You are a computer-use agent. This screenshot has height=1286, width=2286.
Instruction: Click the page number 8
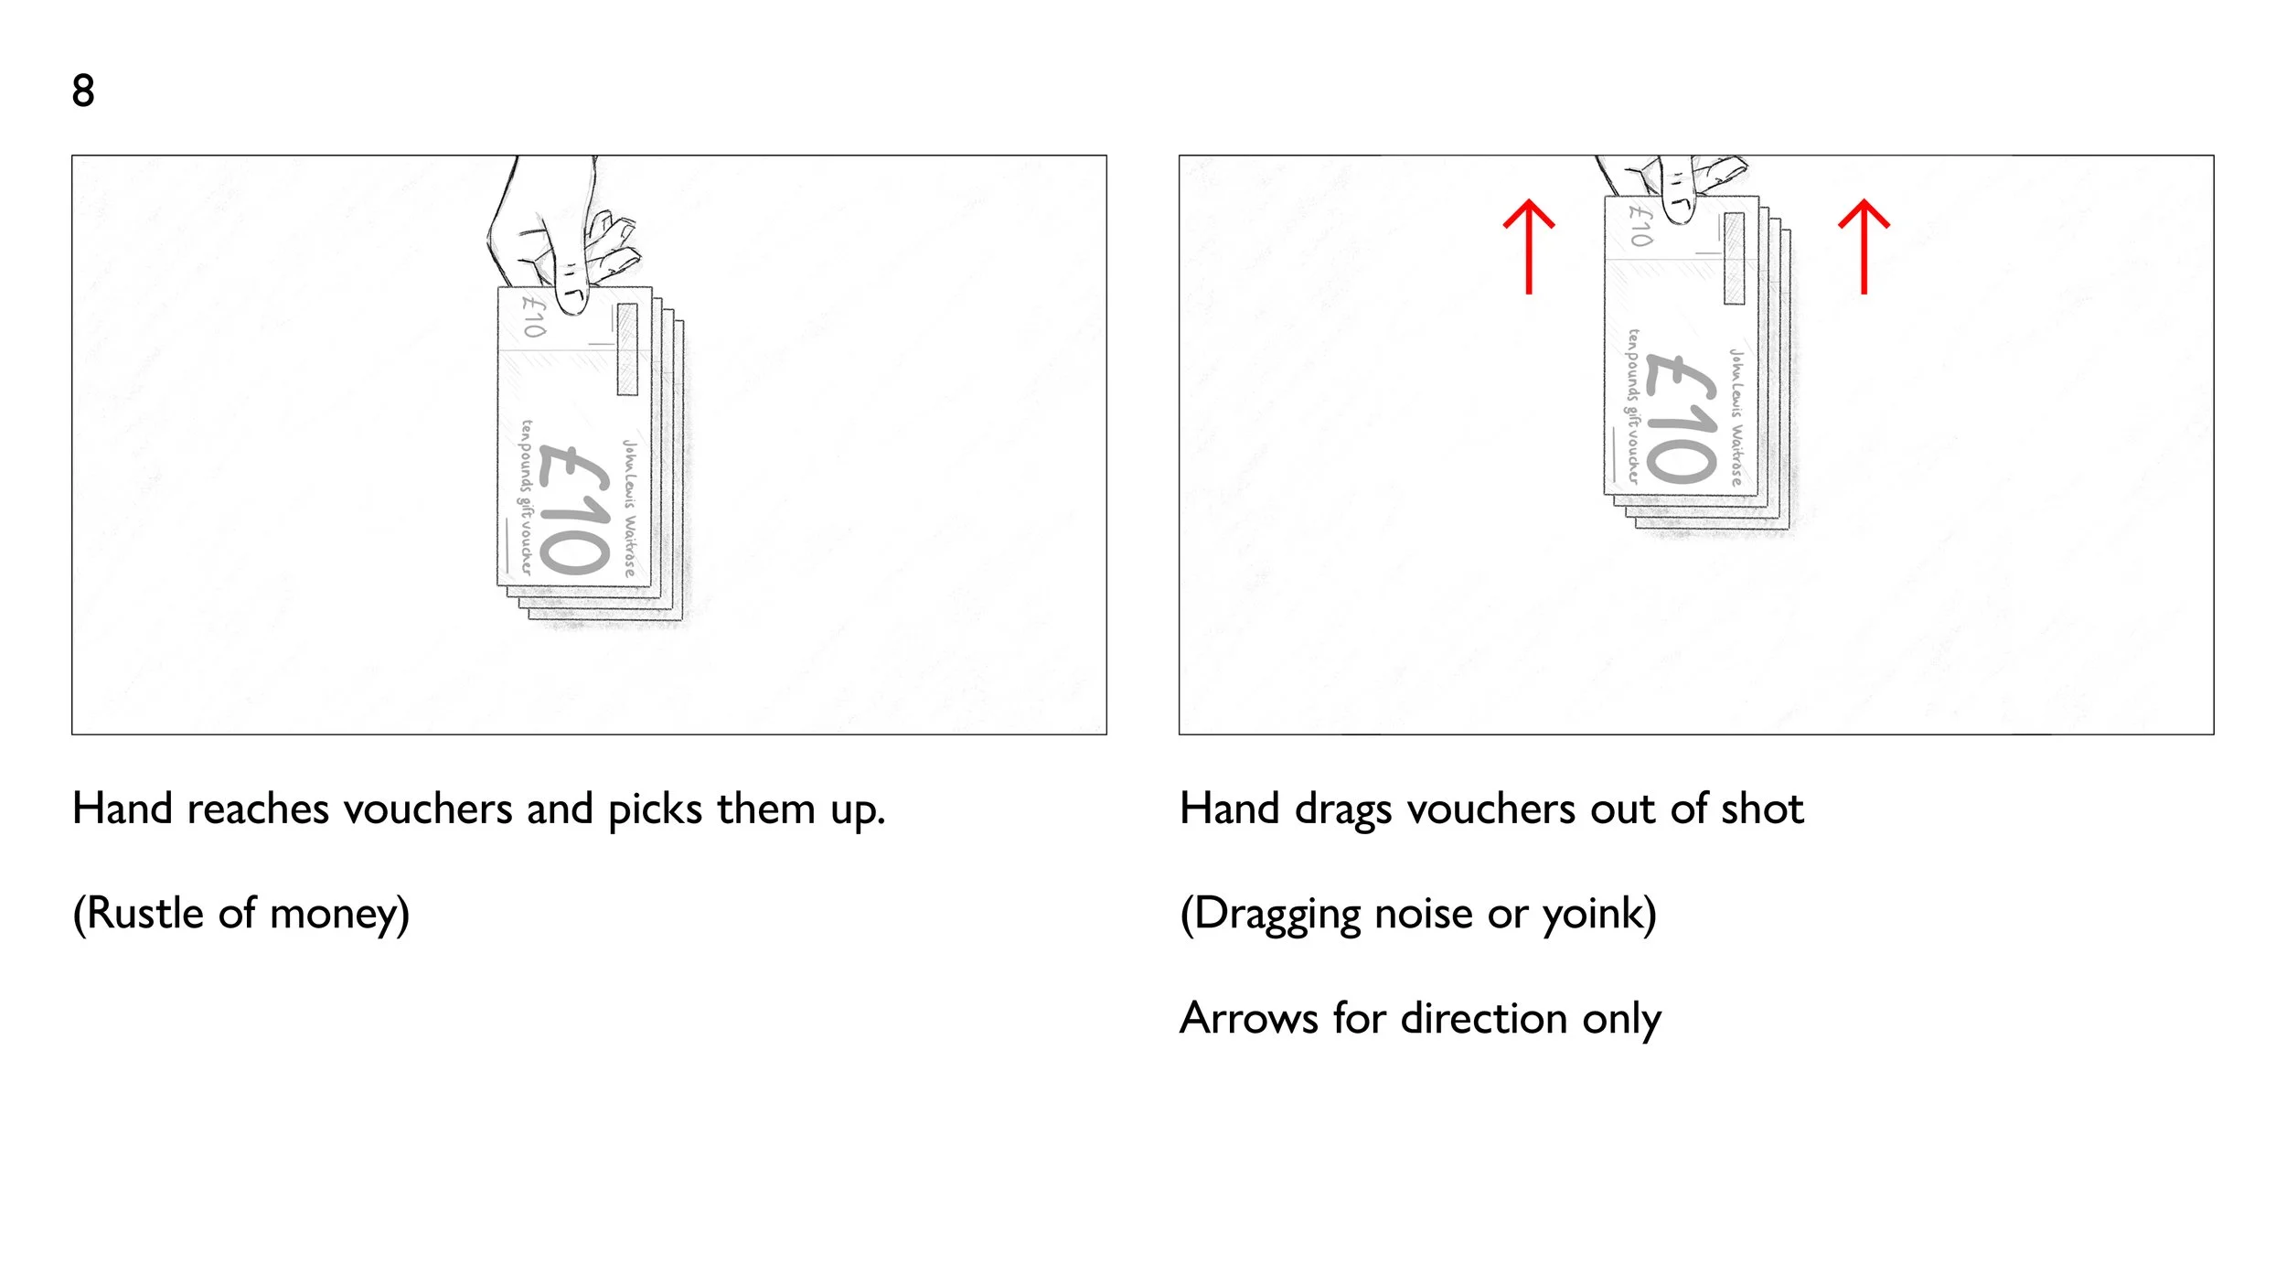(x=83, y=91)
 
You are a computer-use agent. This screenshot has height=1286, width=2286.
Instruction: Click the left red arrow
(x=1528, y=246)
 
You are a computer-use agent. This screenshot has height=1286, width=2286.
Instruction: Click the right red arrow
(x=1864, y=246)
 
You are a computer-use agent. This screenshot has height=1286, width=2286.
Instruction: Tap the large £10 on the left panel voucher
(x=574, y=509)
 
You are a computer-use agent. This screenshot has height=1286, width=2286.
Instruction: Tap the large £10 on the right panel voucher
(x=1681, y=418)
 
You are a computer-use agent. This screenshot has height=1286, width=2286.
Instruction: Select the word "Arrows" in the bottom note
(x=1249, y=1019)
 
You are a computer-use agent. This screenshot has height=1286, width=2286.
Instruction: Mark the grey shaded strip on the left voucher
(x=626, y=349)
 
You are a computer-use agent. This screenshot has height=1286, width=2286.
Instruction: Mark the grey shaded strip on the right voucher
(x=1734, y=258)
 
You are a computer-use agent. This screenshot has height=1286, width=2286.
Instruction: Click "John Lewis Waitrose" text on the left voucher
(x=630, y=508)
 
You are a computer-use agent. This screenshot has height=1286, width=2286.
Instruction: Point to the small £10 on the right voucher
(x=1641, y=225)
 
